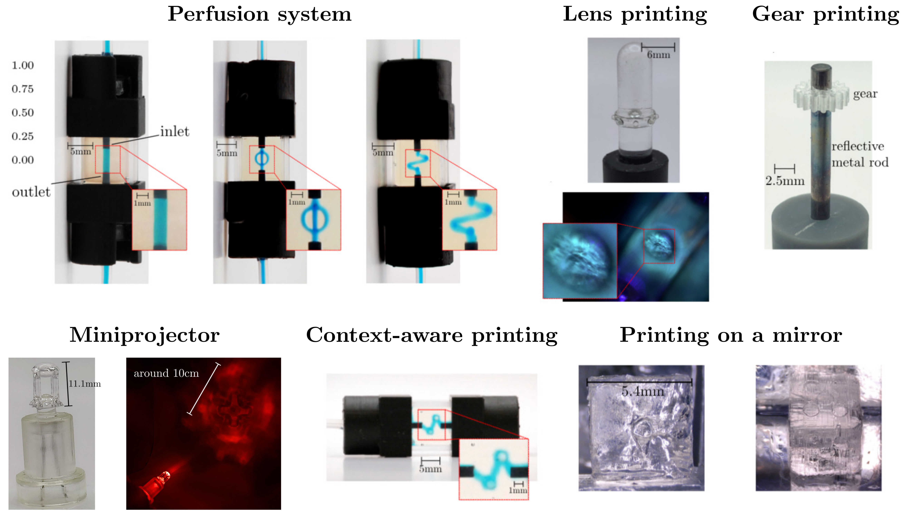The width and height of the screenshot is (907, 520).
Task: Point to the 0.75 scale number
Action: [22, 89]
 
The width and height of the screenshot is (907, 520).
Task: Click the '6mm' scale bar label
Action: [658, 55]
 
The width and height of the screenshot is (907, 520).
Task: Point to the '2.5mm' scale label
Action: [785, 181]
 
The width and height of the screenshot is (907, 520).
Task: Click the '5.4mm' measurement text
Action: [643, 391]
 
